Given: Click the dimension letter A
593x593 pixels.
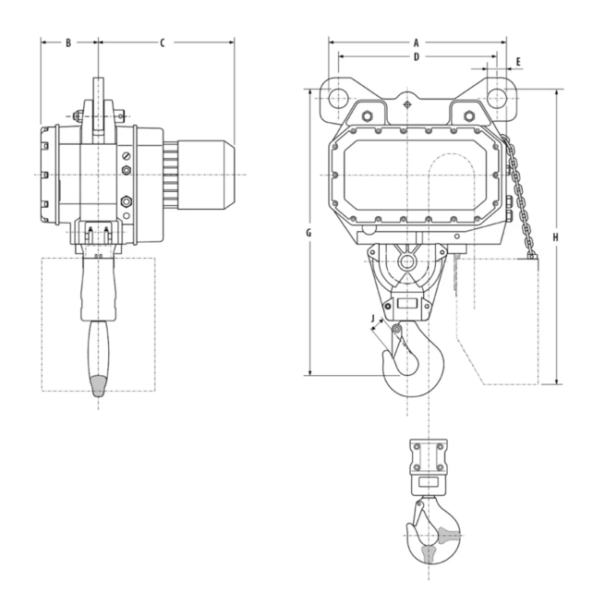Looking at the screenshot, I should pos(416,42).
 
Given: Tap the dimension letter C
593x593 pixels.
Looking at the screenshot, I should pos(163,42).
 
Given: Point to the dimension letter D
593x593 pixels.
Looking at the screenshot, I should pos(417,57).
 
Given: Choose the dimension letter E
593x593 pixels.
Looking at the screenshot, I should pos(518,62).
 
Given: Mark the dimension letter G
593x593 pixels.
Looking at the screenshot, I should pos(309,233).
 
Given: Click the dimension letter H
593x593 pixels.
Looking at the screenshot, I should pos(555,237).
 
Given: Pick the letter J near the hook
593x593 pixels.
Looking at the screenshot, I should pos(372,321).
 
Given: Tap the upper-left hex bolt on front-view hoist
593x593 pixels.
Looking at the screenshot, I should pos(366,116).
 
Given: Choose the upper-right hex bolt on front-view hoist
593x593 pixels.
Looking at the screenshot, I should pos(469,116).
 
